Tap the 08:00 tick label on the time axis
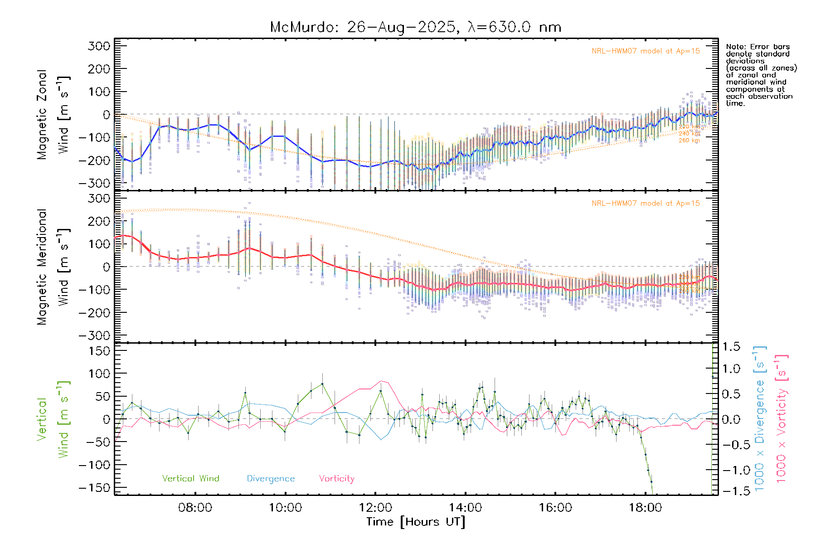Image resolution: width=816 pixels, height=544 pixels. (x=195, y=507)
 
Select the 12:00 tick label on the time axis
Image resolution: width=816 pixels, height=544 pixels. (x=375, y=507)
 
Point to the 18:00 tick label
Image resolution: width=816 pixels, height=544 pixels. (x=646, y=507)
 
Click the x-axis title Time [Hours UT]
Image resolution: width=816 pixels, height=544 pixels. (x=416, y=522)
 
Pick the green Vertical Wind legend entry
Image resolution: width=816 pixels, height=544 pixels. (x=190, y=478)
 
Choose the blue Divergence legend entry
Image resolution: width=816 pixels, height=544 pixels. (x=271, y=478)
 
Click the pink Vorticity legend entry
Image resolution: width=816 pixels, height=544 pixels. (x=336, y=478)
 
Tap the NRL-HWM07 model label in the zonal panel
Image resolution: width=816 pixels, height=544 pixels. (x=646, y=51)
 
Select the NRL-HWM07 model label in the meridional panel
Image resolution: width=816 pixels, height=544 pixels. (x=646, y=204)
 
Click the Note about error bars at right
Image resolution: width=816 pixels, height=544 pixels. (x=761, y=75)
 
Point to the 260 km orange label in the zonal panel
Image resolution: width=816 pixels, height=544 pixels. (x=689, y=141)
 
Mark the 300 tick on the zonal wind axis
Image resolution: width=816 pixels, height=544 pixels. (x=99, y=46)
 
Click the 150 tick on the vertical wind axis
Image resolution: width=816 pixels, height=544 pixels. (x=99, y=351)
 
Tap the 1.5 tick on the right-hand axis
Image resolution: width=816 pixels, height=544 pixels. (x=731, y=347)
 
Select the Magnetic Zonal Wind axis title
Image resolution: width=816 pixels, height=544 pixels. (x=53, y=114)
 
